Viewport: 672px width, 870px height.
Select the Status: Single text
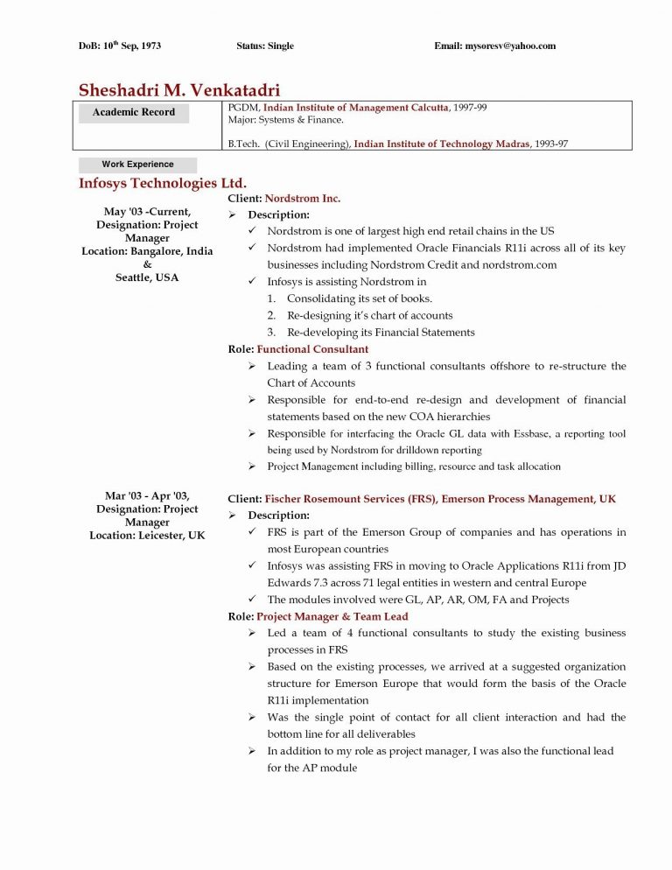[265, 46]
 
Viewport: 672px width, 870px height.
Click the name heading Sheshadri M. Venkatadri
[179, 89]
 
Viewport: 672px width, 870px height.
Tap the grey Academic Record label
[134, 112]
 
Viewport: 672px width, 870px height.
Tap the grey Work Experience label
[137, 165]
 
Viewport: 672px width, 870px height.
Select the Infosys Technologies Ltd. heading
[163, 183]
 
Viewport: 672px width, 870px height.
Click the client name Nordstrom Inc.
[302, 199]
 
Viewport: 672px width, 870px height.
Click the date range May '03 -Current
[147, 212]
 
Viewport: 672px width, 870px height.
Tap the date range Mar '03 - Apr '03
[147, 496]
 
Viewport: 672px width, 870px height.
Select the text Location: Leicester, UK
[147, 535]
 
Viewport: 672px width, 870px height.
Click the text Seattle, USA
[147, 277]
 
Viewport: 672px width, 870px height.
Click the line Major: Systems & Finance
[285, 119]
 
